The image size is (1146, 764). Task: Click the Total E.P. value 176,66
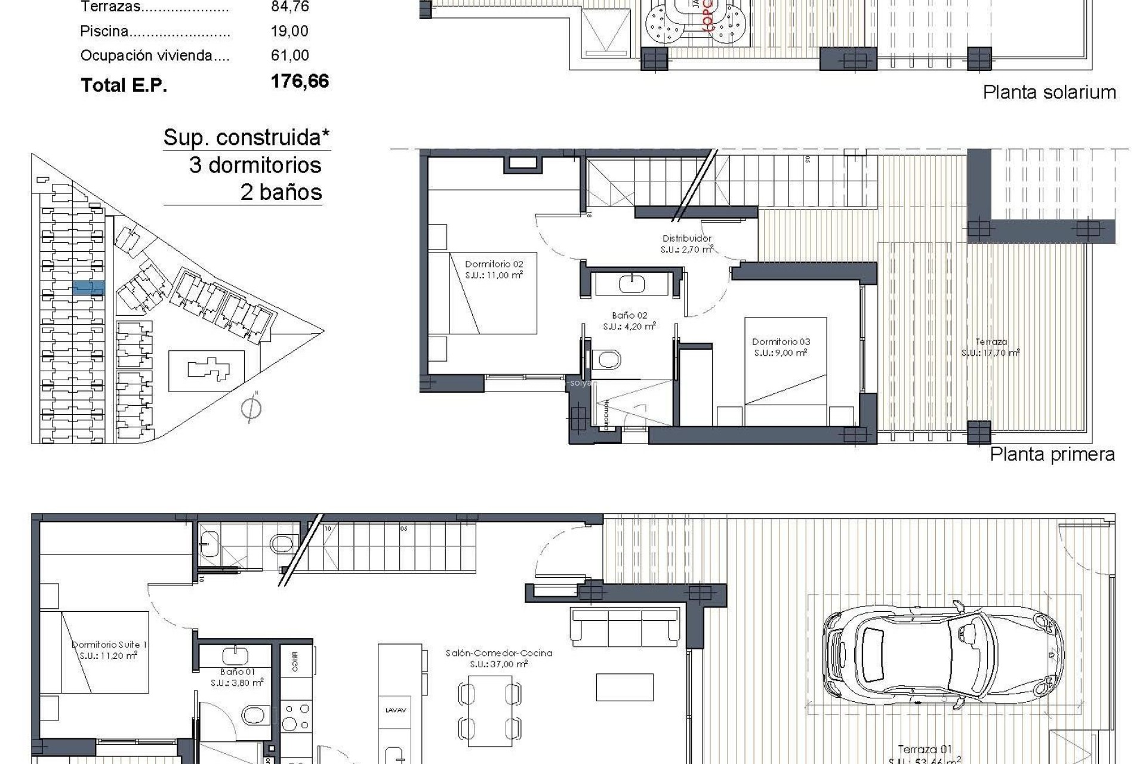pos(300,81)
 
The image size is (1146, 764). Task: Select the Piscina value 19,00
pos(289,31)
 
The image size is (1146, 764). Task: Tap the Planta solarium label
pos(1049,93)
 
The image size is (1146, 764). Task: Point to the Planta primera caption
pos(1052,454)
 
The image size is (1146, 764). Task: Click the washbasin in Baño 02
pos(631,283)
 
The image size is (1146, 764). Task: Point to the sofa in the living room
pos(625,627)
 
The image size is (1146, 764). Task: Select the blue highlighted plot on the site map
pos(88,288)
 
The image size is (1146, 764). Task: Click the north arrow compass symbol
pos(251,408)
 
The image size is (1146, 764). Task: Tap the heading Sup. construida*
pos(246,137)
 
